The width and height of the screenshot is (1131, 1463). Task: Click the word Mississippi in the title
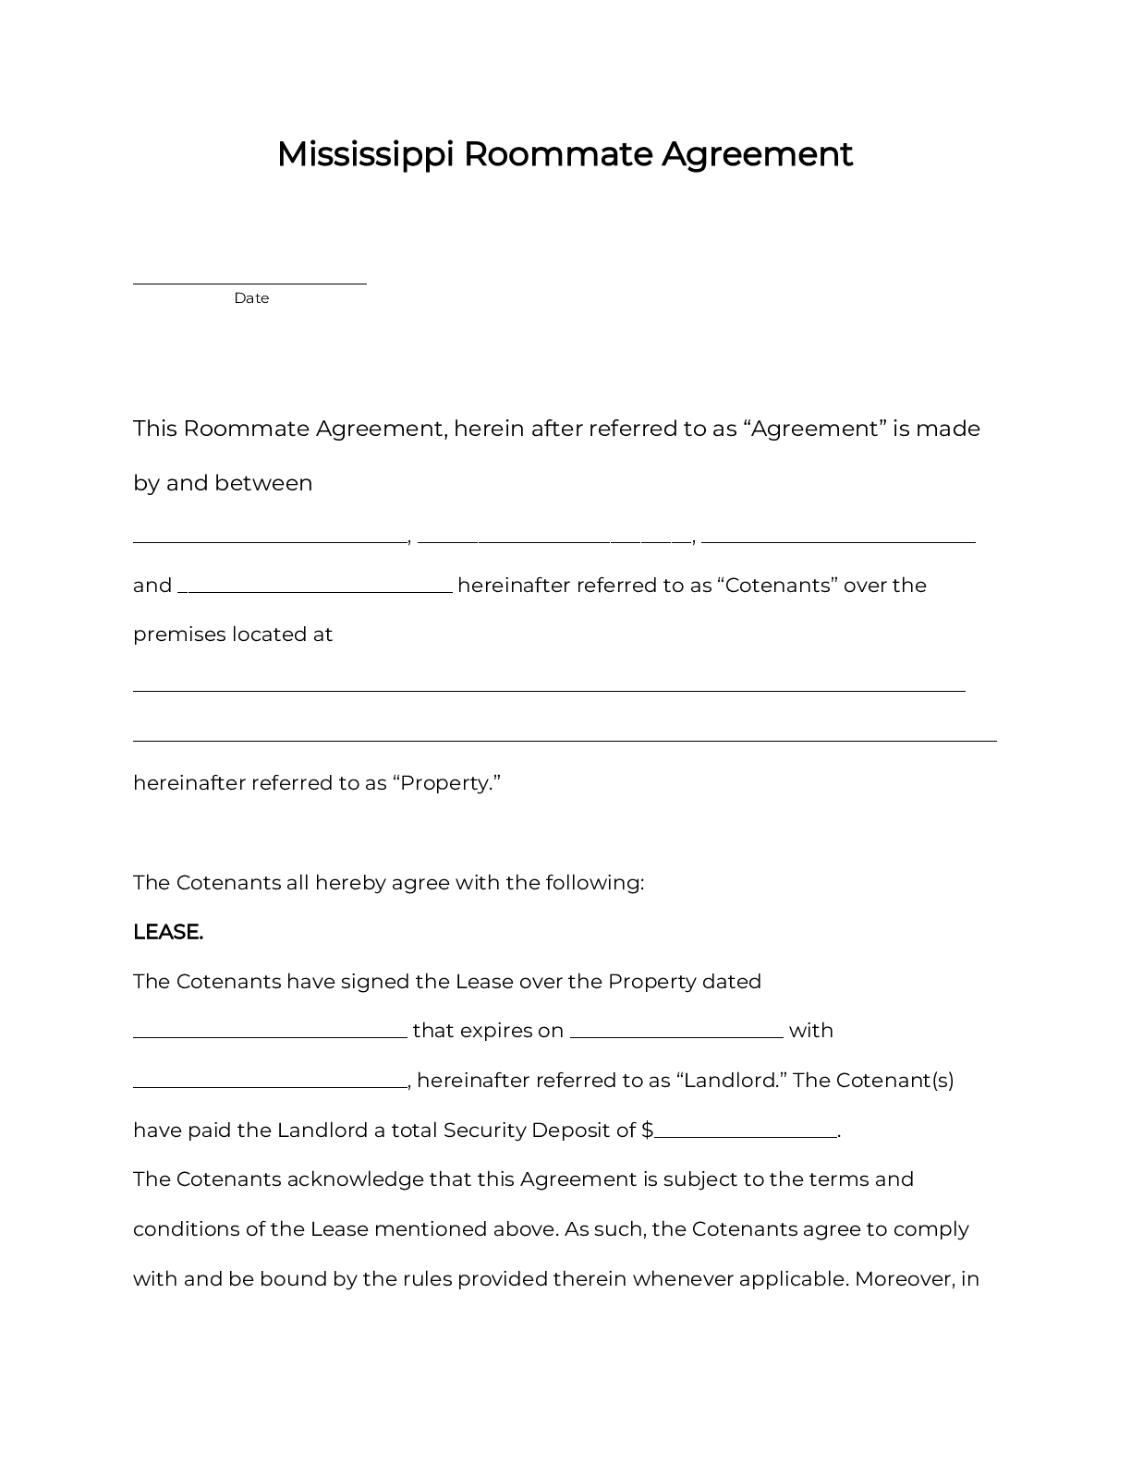(x=365, y=154)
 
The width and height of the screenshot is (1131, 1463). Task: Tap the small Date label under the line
(x=251, y=298)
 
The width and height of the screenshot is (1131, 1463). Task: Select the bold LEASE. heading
(x=168, y=932)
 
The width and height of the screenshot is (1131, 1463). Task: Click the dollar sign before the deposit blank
(x=647, y=1130)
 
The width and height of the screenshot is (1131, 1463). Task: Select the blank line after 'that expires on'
(x=676, y=1036)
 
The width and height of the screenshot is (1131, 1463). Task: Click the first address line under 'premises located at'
(x=549, y=689)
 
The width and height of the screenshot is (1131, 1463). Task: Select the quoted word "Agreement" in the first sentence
(x=815, y=429)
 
